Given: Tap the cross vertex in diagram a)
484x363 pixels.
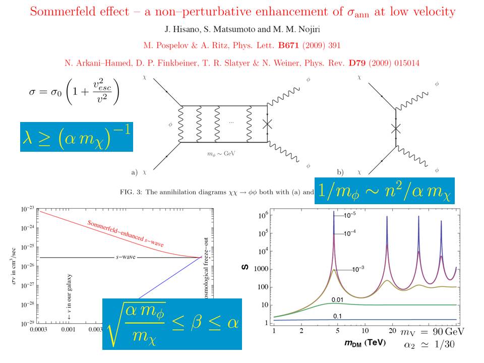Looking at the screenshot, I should coord(268,126).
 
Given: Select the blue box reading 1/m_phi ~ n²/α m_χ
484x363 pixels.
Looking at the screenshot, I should coord(384,191).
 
